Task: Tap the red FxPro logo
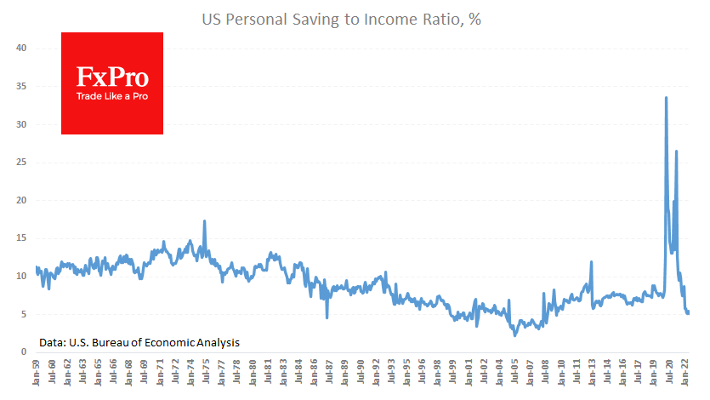coord(112,83)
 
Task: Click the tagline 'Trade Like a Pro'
coord(112,95)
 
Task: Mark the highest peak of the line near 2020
coord(666,98)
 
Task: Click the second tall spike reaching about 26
coord(676,151)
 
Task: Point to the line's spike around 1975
coord(204,221)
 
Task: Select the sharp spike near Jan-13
coord(590,262)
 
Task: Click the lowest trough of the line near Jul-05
coord(514,334)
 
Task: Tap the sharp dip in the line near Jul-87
coord(327,317)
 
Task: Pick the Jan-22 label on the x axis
coord(680,375)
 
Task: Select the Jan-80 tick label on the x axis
coord(252,375)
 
